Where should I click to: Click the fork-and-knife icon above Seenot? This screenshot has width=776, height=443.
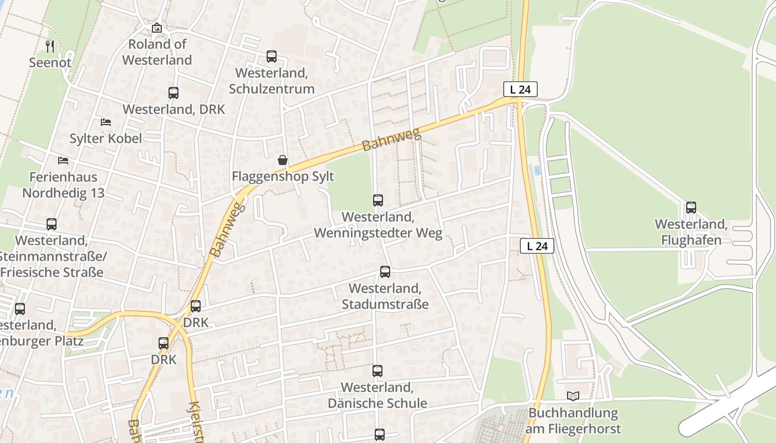point(50,45)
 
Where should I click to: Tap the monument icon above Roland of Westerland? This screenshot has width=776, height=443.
point(157,28)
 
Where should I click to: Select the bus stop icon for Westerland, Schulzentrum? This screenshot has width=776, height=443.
point(271,56)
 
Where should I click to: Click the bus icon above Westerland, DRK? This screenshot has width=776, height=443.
point(173,93)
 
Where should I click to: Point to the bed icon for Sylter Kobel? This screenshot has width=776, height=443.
point(105,122)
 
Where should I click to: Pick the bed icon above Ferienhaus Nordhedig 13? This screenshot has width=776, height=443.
point(63,161)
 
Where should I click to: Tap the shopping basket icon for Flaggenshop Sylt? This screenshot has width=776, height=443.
point(283,160)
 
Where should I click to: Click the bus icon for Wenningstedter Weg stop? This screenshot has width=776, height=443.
point(378,200)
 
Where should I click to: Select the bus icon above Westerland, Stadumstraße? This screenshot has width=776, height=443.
point(385,272)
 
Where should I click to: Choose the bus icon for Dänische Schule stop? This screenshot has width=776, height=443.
point(377,371)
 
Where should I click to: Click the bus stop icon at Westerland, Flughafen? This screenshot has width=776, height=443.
point(691,208)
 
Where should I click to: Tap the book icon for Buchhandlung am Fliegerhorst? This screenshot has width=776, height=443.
point(573,396)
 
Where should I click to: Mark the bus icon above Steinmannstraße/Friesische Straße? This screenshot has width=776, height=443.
point(52,224)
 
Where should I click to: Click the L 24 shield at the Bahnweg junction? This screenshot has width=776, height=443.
point(520,89)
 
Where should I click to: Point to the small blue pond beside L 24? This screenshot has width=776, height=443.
point(537,170)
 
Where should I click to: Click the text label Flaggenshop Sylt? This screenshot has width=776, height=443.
point(283,177)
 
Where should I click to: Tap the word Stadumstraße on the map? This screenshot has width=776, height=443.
point(385,304)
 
